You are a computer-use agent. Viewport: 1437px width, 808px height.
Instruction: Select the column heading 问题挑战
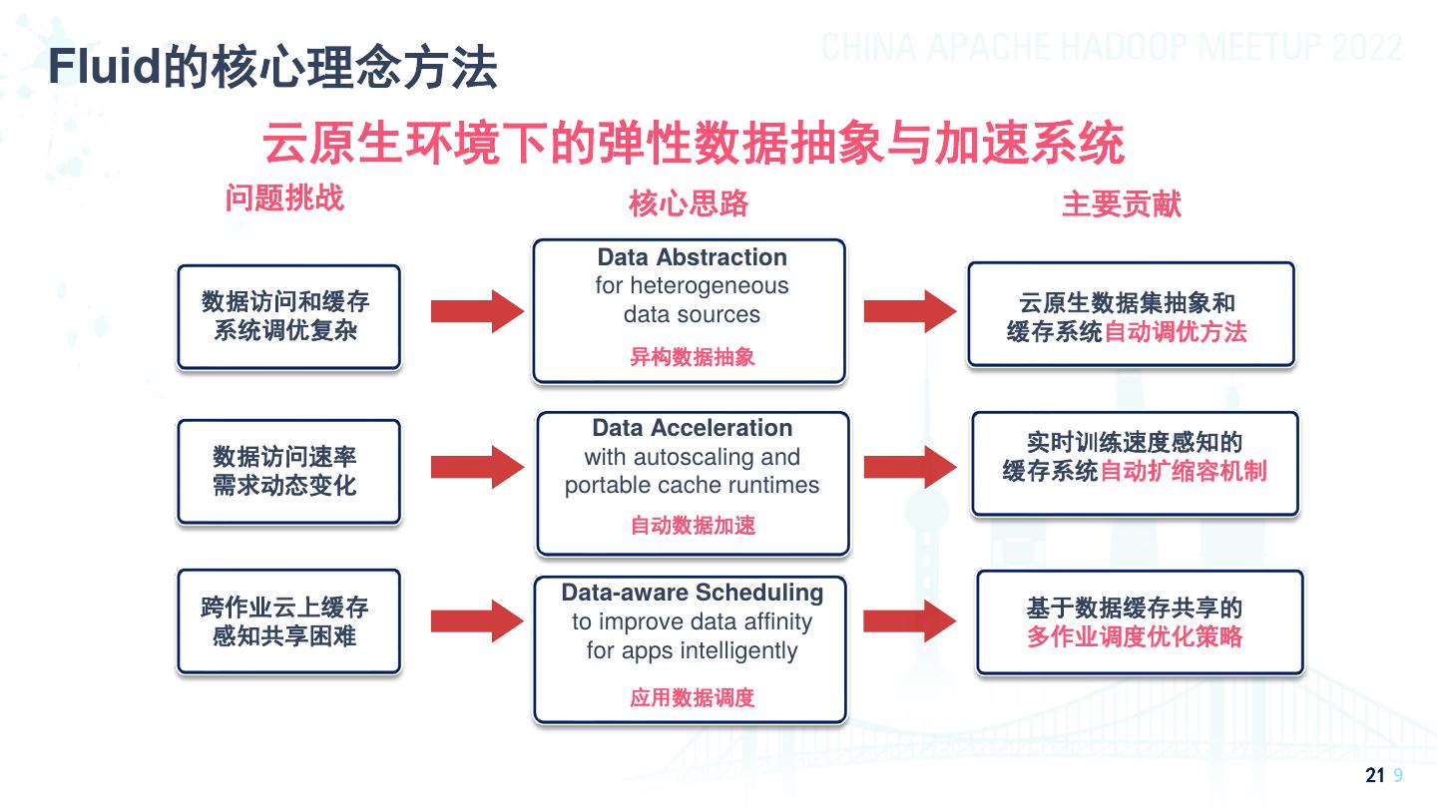[284, 198]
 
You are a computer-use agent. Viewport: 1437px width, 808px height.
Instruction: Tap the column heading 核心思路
[689, 203]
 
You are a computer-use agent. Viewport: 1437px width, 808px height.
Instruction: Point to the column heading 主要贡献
[1122, 203]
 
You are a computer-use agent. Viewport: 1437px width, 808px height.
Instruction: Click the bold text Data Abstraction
[692, 257]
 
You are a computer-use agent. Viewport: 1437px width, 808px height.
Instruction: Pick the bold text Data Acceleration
[692, 428]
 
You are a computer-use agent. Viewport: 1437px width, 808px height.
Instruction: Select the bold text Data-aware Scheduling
[692, 593]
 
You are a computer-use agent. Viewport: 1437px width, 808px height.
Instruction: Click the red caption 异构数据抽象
[692, 357]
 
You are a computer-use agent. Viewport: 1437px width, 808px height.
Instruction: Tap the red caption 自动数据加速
[692, 525]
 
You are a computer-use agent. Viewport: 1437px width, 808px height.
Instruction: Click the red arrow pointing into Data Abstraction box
[477, 311]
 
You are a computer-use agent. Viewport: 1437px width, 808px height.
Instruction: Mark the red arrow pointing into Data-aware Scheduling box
[477, 620]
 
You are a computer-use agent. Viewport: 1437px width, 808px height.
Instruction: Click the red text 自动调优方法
[1176, 332]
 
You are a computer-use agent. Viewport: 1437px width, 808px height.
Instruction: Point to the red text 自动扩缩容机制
[1183, 471]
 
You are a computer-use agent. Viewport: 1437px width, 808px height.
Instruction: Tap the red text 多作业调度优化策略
[1135, 636]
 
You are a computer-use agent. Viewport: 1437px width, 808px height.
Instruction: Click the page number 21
[1374, 777]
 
